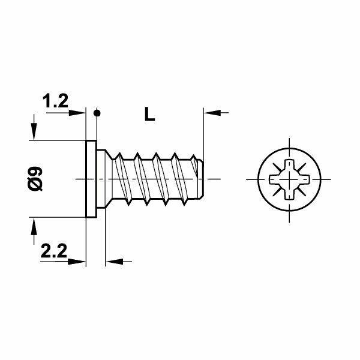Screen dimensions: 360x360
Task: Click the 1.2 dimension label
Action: point(55,102)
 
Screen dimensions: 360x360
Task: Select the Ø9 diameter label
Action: point(36,179)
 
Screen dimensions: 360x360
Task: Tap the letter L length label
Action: point(149,114)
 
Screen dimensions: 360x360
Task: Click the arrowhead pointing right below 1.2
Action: point(79,112)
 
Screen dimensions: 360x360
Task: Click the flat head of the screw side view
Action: point(92,179)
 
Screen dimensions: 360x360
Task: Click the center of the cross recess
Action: point(289,179)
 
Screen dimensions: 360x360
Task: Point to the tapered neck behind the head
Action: point(105,179)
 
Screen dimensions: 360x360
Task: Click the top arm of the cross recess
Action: point(289,166)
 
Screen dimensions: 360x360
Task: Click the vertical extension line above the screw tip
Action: point(205,132)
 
